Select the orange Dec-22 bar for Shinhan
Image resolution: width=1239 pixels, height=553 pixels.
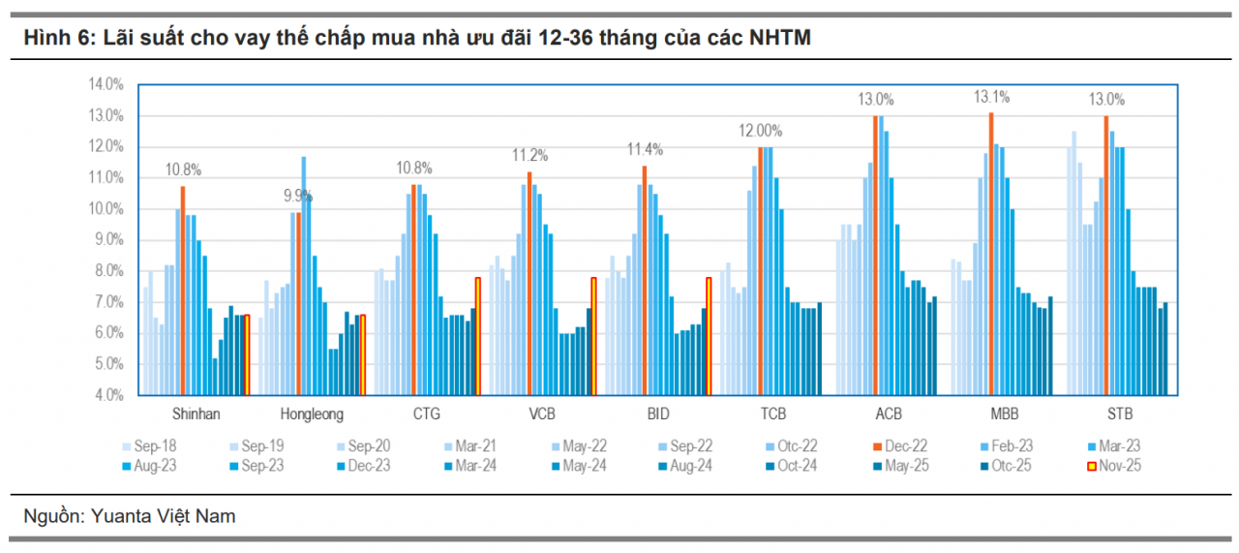(183, 291)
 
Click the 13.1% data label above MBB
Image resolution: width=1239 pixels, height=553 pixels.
(991, 97)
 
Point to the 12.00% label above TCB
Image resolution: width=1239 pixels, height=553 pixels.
(762, 131)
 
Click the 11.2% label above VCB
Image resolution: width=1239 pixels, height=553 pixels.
(530, 155)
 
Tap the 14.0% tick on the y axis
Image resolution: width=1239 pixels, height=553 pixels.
(105, 84)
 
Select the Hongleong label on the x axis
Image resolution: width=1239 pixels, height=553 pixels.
(312, 415)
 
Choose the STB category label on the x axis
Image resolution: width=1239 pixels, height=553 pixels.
(1121, 415)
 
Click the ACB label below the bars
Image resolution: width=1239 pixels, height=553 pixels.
(890, 415)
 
